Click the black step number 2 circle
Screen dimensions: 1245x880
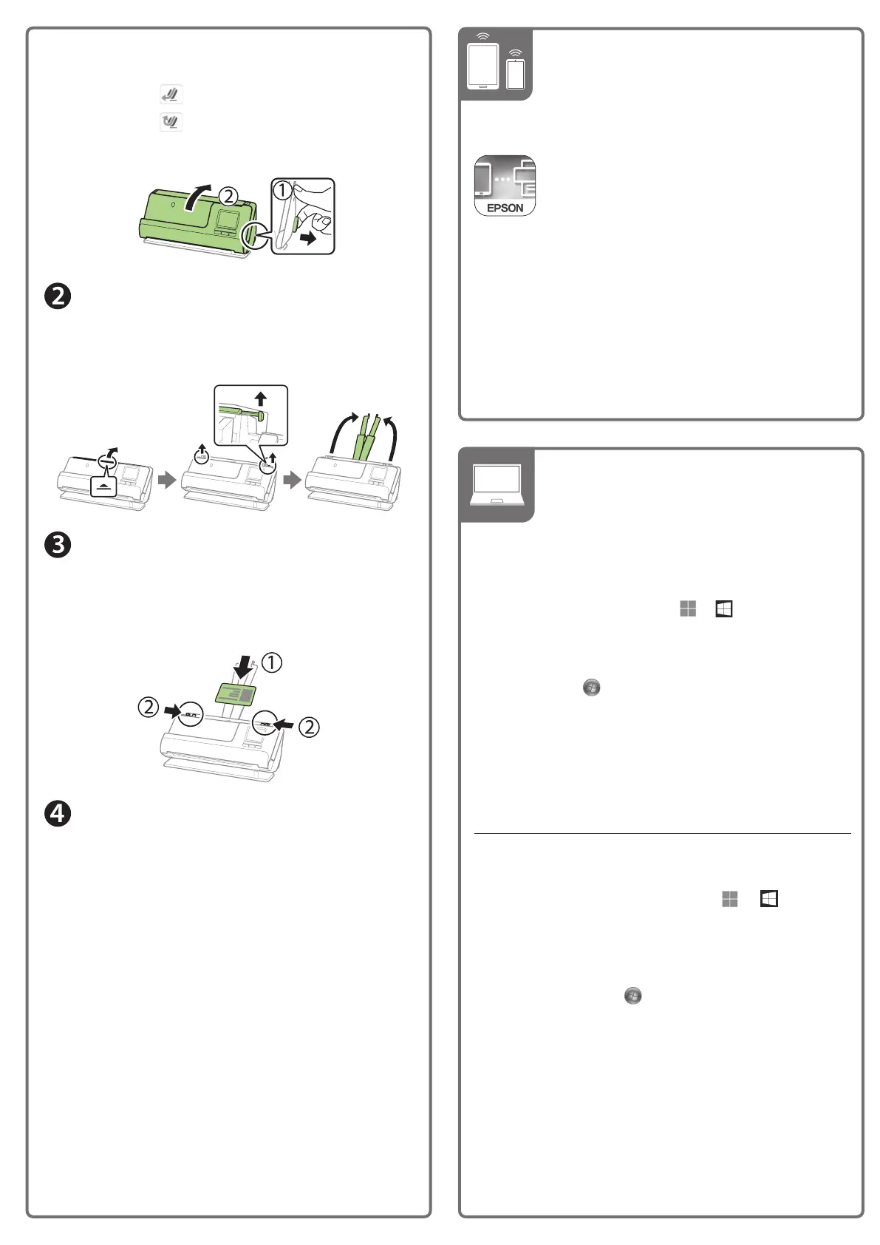pyautogui.click(x=58, y=296)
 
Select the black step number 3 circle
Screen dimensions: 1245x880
pyautogui.click(x=58, y=546)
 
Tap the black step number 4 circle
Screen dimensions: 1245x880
pyautogui.click(x=58, y=814)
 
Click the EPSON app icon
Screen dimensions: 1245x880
pyautogui.click(x=505, y=186)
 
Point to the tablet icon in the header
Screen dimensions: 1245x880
pyautogui.click(x=482, y=67)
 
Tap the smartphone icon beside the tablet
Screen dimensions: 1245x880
pyautogui.click(x=516, y=74)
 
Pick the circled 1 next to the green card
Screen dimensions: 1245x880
pyautogui.click(x=272, y=662)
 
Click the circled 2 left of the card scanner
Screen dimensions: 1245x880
pyautogui.click(x=149, y=708)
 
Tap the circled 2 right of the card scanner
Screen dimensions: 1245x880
pyautogui.click(x=309, y=727)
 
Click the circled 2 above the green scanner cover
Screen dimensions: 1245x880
pyautogui.click(x=228, y=196)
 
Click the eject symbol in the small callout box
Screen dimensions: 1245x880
pyautogui.click(x=103, y=488)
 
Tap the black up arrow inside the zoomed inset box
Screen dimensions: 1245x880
pyautogui.click(x=260, y=399)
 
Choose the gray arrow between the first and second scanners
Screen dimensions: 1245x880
pyautogui.click(x=167, y=480)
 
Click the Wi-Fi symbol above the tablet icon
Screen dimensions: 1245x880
pyautogui.click(x=482, y=36)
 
